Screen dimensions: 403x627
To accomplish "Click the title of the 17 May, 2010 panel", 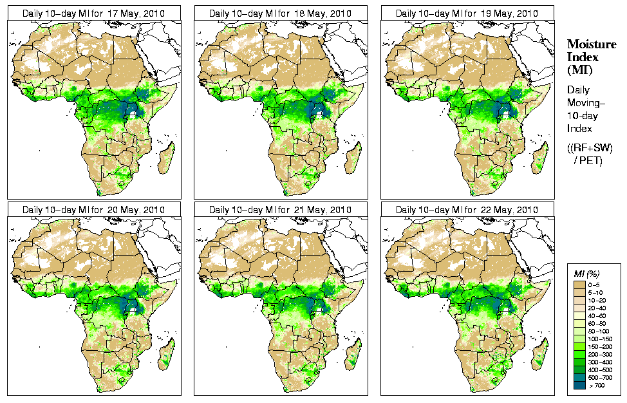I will pyautogui.click(x=93, y=13).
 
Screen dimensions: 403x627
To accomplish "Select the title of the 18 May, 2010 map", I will pyautogui.click(x=280, y=13).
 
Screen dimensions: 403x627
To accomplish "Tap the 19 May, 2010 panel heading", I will pyautogui.click(x=467, y=13).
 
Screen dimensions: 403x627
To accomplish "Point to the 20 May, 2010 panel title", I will pyautogui.click(x=93, y=210).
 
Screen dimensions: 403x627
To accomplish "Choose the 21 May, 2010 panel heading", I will pyautogui.click(x=280, y=210).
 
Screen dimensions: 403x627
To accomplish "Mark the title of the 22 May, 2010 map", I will pyautogui.click(x=467, y=210).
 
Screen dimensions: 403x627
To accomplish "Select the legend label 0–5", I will pyautogui.click(x=596, y=284).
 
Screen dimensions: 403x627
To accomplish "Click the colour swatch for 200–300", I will pyautogui.click(x=578, y=353).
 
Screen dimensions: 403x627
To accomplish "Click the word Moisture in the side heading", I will pyautogui.click(x=591, y=44).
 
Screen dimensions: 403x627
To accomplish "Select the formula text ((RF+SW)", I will pyautogui.click(x=590, y=148).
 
